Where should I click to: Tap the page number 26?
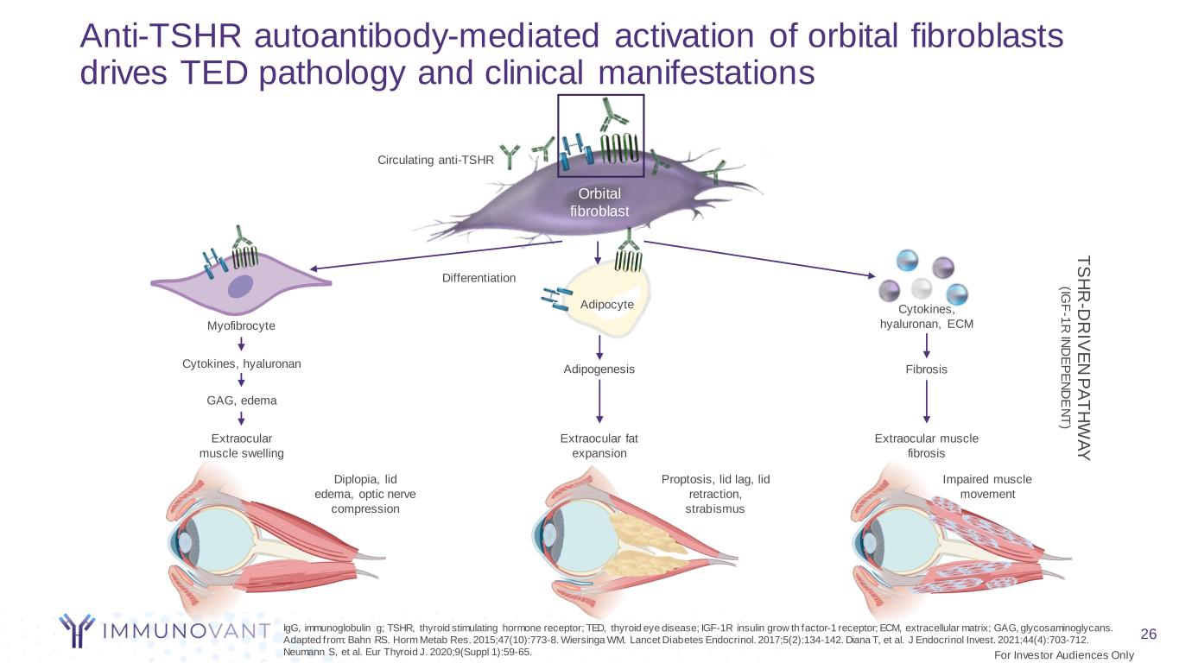(1148, 635)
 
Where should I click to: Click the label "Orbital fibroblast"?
(599, 202)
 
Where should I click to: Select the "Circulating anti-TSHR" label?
(435, 160)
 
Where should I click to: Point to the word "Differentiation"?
(479, 278)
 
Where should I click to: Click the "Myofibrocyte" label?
(241, 325)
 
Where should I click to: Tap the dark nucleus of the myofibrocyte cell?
(241, 287)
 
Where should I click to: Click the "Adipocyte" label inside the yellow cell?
(607, 305)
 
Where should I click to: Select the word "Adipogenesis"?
(599, 369)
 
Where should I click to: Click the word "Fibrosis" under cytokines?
(927, 369)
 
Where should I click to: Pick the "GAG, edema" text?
(242, 401)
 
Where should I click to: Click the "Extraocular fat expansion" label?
(599, 445)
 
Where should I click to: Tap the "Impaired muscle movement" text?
(986, 486)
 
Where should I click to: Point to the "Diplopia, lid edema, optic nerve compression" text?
(365, 494)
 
